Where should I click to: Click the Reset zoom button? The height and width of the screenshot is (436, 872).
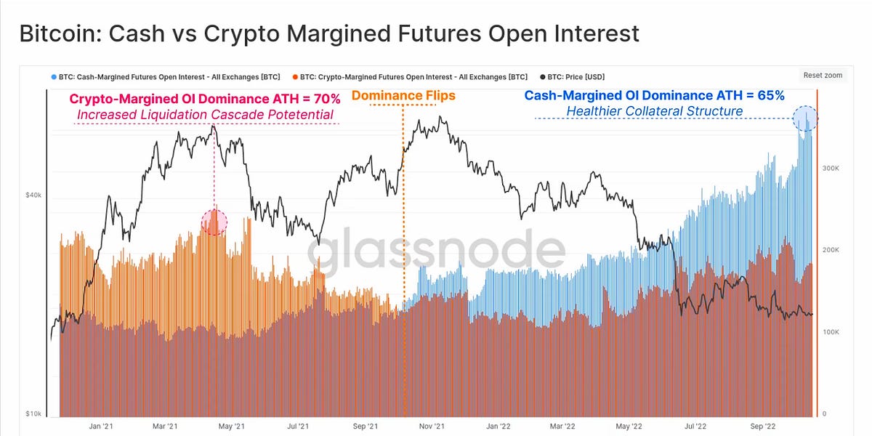[823, 75]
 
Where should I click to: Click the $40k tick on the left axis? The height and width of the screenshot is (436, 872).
[32, 195]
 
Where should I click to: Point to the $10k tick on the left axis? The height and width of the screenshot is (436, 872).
[32, 413]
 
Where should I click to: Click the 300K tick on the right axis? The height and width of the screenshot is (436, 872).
[831, 168]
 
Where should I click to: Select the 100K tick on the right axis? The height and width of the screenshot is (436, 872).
[831, 332]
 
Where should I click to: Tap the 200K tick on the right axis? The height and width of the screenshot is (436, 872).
[831, 250]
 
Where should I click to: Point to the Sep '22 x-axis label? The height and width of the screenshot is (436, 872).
[763, 427]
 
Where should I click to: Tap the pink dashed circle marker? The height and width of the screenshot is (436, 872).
[214, 222]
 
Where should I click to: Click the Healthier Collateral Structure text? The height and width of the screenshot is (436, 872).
[654, 111]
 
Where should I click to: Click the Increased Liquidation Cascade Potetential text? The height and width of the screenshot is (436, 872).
[205, 115]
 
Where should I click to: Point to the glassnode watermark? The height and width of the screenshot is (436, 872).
[436, 251]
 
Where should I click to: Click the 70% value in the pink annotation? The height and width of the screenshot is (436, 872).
[326, 100]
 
